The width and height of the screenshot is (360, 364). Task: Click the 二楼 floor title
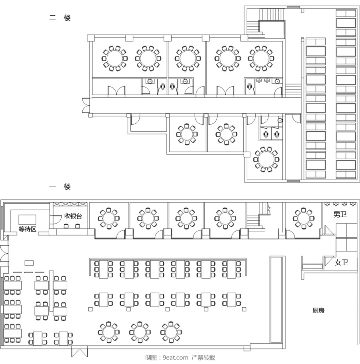click(60, 18)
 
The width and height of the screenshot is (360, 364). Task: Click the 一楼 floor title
click(60, 186)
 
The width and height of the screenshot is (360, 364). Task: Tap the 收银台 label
click(73, 216)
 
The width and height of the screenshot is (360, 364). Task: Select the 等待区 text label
click(27, 229)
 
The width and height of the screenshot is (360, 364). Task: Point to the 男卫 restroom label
click(340, 214)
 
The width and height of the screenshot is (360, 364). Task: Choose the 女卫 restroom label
click(342, 262)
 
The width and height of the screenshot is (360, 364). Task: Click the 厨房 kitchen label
click(318, 310)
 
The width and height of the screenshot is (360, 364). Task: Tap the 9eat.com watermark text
click(176, 358)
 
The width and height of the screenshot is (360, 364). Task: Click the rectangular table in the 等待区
click(27, 220)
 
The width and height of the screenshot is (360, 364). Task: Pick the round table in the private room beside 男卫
click(303, 218)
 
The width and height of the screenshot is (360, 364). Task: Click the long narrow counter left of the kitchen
click(276, 300)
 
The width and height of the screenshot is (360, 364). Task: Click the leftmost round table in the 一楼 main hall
click(109, 332)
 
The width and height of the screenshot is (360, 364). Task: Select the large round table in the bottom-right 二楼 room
click(266, 160)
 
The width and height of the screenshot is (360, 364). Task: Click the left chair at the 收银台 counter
click(66, 226)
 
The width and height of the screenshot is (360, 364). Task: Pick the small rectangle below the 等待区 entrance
click(29, 263)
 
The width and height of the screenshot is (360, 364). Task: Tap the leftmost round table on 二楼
click(115, 58)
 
